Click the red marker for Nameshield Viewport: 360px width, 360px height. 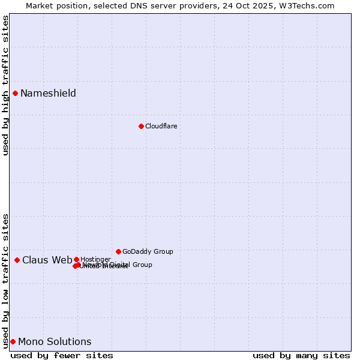click(x=15, y=93)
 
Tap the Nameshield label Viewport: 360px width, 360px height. click(x=48, y=93)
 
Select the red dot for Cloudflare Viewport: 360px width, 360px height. click(x=141, y=126)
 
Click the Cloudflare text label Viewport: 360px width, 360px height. click(x=161, y=126)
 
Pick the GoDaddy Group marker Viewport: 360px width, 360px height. click(x=118, y=251)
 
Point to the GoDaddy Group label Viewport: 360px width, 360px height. click(x=148, y=251)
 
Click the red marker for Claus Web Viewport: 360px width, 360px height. click(x=17, y=260)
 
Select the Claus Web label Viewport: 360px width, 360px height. click(x=47, y=260)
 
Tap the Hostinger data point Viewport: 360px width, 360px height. click(x=76, y=259)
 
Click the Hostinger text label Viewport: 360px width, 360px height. click(x=95, y=259)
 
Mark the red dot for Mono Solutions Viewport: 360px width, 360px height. click(x=13, y=341)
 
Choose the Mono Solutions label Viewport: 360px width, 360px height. click(x=55, y=341)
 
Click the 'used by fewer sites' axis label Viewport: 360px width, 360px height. click(x=62, y=355)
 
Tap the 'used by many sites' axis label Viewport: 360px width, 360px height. click(x=301, y=355)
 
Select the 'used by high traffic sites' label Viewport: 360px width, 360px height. click(x=5, y=85)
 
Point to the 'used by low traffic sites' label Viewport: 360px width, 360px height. click(x=5, y=280)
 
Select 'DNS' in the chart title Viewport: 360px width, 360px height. click(x=135, y=5)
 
